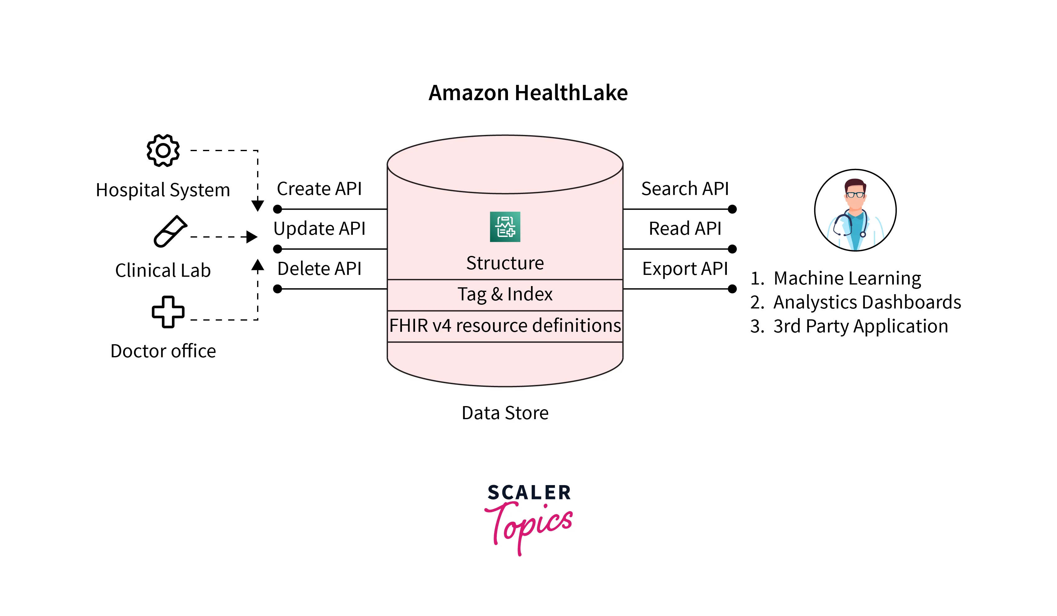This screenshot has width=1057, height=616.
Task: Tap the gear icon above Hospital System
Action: coord(163,150)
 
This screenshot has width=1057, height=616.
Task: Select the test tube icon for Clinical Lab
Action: coord(170,231)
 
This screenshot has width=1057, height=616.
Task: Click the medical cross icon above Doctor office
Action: coord(168,312)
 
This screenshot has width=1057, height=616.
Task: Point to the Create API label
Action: coord(319,189)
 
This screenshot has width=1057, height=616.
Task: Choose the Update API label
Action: coord(319,229)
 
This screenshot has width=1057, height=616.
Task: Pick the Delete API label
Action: coord(319,269)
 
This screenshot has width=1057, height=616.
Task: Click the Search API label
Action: coord(685,189)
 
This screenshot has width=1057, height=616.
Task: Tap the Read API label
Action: coord(685,229)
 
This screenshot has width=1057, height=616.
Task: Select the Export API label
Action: coord(685,269)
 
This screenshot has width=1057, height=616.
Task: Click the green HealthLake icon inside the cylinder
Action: coord(505,227)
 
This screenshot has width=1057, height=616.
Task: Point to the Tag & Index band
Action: coord(505,294)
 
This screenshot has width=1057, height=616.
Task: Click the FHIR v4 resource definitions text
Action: coord(505,326)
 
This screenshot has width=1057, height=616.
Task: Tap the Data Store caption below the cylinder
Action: coord(505,413)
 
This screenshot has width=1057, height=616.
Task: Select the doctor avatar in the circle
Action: coord(855,210)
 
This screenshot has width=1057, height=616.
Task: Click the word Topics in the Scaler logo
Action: coord(529,525)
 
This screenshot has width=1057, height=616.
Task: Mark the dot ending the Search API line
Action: coord(732,209)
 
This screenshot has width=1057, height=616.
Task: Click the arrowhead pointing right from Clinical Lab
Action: coord(252,237)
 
